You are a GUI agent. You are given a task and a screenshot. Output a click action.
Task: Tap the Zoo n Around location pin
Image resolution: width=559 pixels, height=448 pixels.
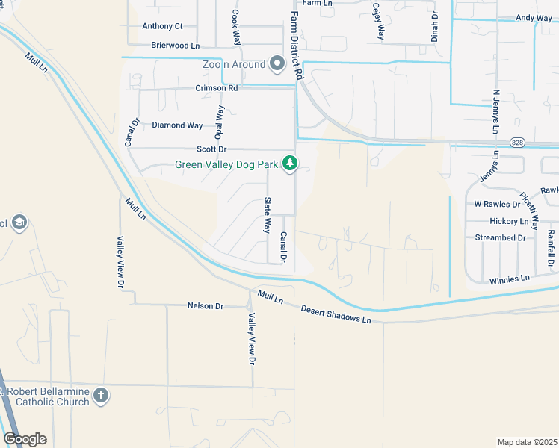278,65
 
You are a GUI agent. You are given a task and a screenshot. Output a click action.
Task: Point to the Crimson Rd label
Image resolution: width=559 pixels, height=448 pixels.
217,88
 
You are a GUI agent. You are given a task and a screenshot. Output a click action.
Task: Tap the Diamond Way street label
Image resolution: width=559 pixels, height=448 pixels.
177,125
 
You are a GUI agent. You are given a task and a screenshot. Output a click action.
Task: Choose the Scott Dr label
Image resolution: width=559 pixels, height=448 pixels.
211,150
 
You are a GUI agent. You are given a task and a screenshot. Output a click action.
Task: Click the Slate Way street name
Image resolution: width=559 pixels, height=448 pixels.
266,215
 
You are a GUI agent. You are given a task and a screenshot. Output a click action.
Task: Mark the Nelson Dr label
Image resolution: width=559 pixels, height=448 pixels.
206,306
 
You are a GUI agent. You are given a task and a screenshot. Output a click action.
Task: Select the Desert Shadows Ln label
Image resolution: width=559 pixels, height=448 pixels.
336,314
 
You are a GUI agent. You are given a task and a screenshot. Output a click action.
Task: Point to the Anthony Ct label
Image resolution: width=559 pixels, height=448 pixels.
162,26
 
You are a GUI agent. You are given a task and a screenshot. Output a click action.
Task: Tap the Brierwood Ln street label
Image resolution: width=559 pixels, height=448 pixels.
175,46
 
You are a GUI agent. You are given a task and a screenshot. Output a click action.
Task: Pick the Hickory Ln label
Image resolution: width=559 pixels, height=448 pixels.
509,222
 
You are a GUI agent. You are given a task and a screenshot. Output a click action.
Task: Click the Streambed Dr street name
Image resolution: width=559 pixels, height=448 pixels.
501,238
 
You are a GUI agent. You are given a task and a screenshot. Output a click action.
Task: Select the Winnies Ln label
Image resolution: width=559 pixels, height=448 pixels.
509,279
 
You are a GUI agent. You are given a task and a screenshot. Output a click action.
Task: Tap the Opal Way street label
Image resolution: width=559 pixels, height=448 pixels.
219,122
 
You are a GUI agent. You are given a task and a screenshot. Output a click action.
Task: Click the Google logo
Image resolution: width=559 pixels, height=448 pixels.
25,439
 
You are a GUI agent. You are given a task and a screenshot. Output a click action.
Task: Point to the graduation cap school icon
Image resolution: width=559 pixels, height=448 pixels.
19,223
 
